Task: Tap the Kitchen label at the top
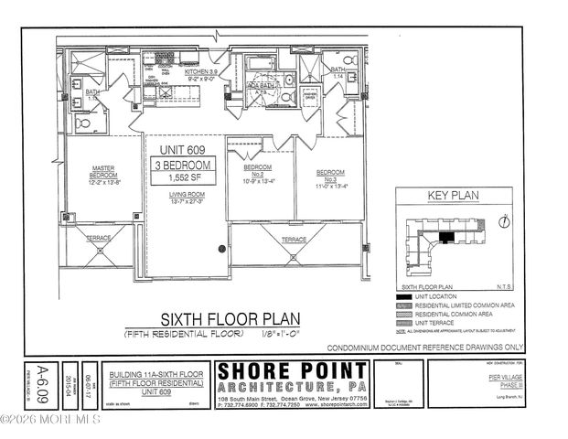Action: [x=200, y=70]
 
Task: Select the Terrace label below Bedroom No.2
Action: [x=294, y=239]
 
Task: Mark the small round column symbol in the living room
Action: [x=220, y=248]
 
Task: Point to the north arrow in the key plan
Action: [x=505, y=220]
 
